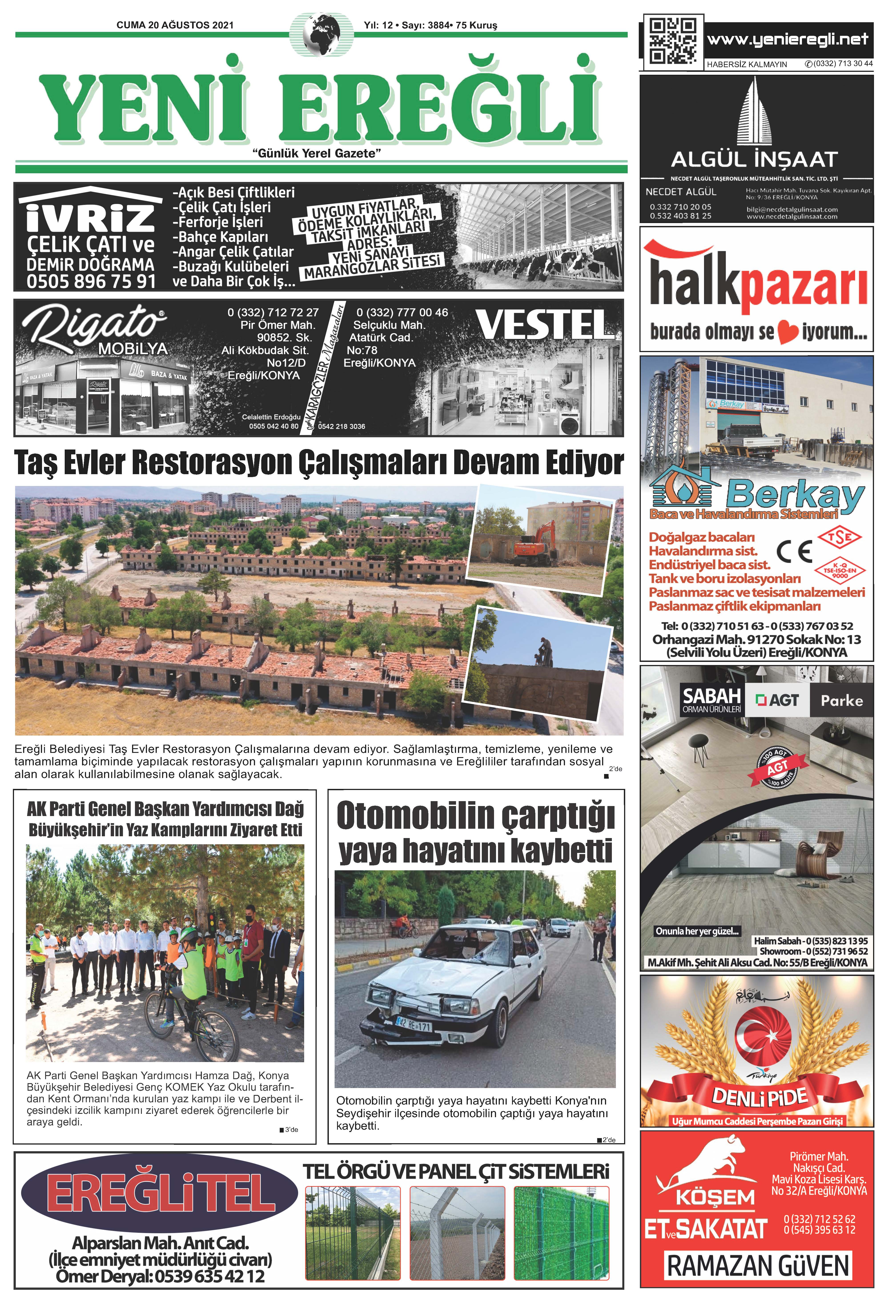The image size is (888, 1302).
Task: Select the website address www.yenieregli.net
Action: click(787, 39)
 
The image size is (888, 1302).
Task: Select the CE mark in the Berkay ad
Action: click(794, 551)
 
